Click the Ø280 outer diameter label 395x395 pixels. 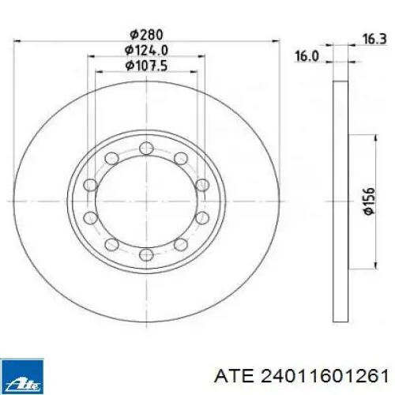pos(147,35)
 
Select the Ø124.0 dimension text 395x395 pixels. pos(147,50)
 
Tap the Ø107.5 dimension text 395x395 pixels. pos(146,66)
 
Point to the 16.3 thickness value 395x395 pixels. pos(374,39)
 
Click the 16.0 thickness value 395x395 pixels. pos(307,56)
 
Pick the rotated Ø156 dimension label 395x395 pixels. pos(368,201)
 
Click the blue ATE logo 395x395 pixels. pos(22,374)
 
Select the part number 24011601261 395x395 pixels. pos(325,376)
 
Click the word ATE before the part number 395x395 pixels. pos(235,376)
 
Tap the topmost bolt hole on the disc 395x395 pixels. pos(146,148)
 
